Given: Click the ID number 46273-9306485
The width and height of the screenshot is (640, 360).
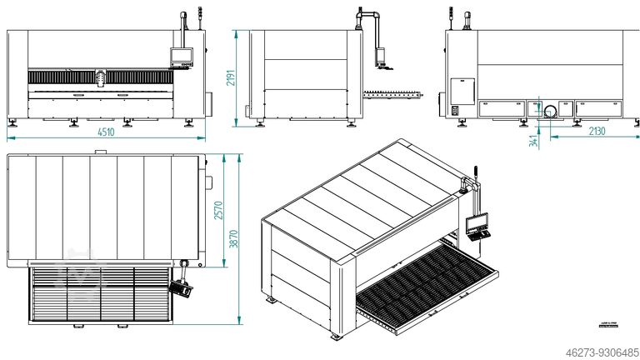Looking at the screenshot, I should click(x=593, y=352).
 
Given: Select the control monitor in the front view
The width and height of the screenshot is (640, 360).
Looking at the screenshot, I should click(x=181, y=57).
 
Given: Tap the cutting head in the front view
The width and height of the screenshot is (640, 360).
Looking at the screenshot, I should click(x=101, y=77).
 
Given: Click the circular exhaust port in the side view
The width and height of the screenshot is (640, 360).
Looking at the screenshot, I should click(x=551, y=111).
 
